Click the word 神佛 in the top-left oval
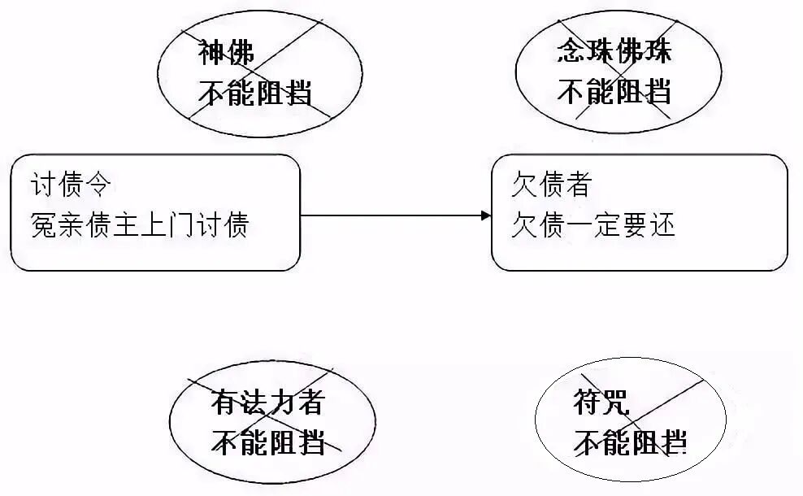pyautogui.click(x=227, y=54)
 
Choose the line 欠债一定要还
pyautogui.click(x=593, y=224)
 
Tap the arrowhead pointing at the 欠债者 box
pyautogui.click(x=486, y=215)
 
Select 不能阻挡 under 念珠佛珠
pyautogui.click(x=614, y=91)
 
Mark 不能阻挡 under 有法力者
pyautogui.click(x=268, y=442)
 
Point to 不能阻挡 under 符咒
pyautogui.click(x=630, y=442)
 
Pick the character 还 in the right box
pyautogui.click(x=663, y=224)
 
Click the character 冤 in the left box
pyautogui.click(x=43, y=224)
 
